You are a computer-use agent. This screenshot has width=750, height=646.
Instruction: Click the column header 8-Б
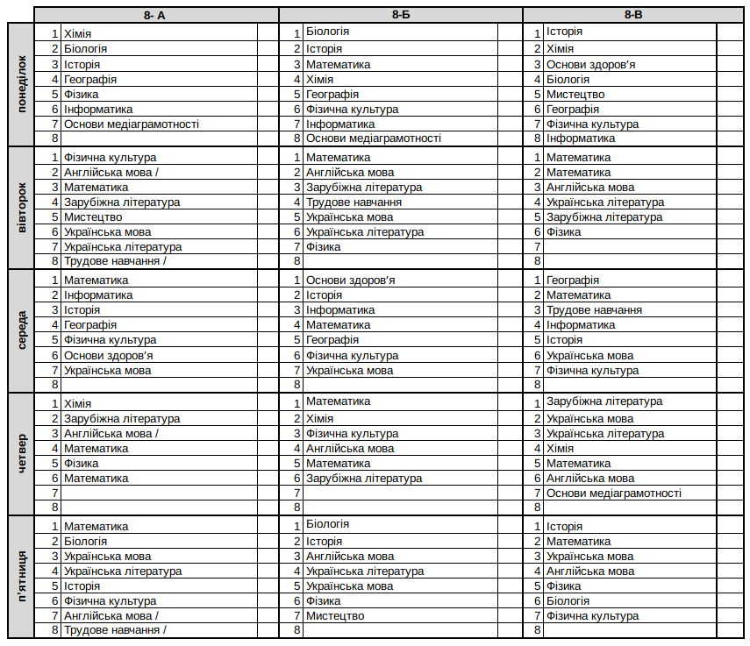401,15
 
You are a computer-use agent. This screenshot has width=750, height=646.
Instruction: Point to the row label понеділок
21,84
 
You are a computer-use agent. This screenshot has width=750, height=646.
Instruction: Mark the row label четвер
21,454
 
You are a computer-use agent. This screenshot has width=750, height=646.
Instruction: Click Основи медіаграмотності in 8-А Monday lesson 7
132,124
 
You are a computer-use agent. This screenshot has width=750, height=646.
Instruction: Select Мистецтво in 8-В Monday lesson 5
575,95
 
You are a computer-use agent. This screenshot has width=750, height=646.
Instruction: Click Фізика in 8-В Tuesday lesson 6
563,232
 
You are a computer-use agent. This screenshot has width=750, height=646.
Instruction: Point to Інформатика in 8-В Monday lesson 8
581,138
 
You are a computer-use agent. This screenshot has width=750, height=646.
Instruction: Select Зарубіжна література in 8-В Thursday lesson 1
604,401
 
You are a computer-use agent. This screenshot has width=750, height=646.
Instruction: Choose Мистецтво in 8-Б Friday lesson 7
335,616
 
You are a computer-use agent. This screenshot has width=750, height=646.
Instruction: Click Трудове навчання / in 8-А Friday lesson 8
115,630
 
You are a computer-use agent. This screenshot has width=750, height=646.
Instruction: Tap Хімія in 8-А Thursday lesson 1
77,403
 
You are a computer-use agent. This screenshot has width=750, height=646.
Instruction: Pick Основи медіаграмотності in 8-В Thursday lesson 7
614,493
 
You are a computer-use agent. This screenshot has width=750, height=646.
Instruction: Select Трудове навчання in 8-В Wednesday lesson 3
594,310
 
